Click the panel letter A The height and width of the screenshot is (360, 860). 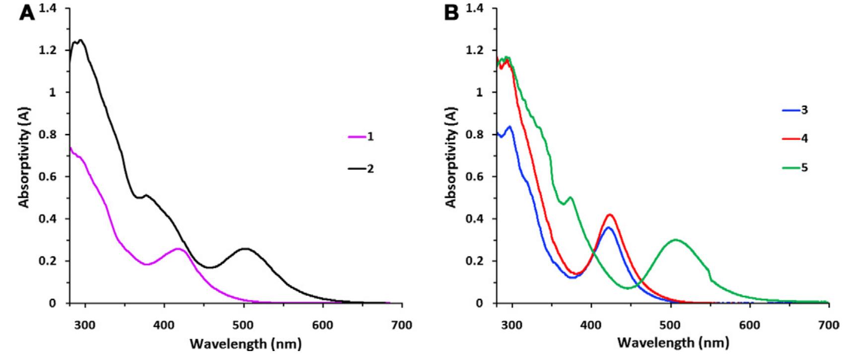[28, 13]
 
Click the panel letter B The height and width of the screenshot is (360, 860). [452, 13]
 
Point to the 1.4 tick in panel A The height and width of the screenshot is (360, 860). [51, 8]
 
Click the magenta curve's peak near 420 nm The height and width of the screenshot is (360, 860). [179, 249]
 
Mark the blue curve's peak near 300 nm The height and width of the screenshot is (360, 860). [509, 127]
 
